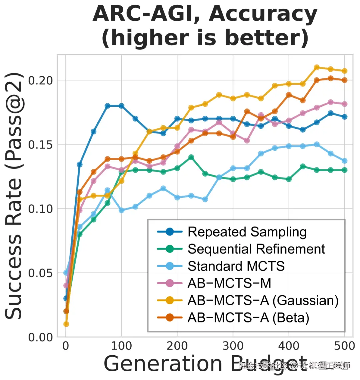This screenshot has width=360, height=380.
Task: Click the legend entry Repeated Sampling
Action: pos(247,232)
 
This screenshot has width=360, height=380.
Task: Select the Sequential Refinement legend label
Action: pos(256,249)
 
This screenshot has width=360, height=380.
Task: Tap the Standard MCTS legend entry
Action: pos(236,266)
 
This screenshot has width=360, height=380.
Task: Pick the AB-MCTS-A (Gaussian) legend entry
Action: pos(263,301)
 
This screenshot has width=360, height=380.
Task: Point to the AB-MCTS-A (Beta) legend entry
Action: pos(248,318)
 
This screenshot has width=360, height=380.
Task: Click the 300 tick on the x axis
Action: pos(233,346)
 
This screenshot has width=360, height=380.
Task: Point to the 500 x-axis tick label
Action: pos(344,346)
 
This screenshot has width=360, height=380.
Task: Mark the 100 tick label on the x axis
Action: pos(121,346)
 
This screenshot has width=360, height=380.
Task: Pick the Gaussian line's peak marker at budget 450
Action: pos(317,67)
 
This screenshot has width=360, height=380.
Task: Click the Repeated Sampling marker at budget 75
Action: pos(108,106)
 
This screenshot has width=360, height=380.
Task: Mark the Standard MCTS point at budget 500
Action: pos(344,161)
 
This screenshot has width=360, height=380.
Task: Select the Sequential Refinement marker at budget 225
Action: pos(191,157)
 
